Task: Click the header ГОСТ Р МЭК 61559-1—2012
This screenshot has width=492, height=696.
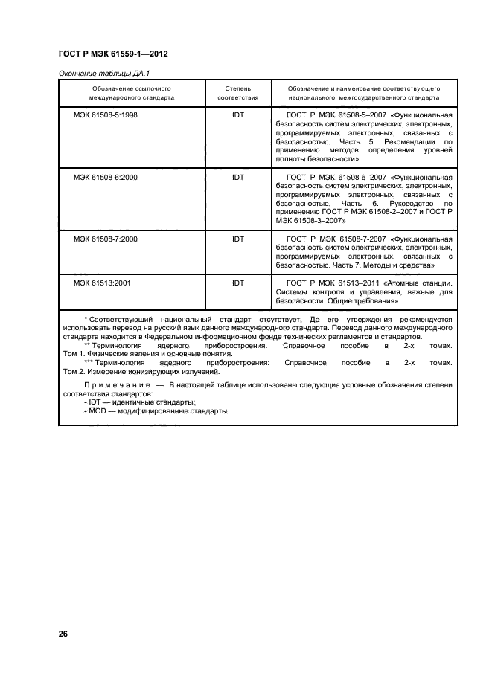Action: (x=107, y=54)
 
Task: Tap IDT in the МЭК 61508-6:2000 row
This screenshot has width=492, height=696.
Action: (x=237, y=177)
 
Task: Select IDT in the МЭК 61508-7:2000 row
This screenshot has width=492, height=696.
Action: (x=237, y=239)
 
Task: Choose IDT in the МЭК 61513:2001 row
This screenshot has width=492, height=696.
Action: (x=237, y=283)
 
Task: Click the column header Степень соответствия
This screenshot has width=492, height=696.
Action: (x=237, y=92)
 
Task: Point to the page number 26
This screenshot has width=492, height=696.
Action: (x=63, y=634)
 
